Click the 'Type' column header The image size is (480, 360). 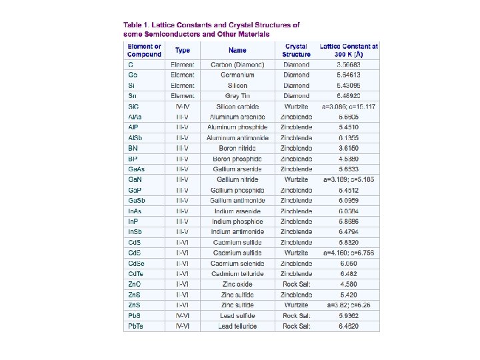click(183, 50)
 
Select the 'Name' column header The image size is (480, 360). click(237, 50)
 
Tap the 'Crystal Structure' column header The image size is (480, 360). click(296, 50)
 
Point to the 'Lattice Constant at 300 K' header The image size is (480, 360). click(349, 50)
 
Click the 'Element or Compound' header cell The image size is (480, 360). click(145, 50)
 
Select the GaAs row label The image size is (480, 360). click(135, 169)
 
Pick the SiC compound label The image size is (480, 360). click(133, 107)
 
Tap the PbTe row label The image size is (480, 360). click(135, 327)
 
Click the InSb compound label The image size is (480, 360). click(135, 232)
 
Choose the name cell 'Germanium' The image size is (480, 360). click(237, 75)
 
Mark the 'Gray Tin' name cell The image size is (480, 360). click(237, 96)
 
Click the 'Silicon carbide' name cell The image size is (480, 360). click(237, 107)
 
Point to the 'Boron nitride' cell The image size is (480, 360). click(237, 149)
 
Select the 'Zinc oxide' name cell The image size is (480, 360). click(237, 285)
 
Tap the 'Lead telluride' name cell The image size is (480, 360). click(237, 327)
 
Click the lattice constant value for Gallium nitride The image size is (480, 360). click(349, 180)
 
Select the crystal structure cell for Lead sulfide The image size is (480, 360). click(296, 316)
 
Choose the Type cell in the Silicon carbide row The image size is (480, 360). click(183, 107)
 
